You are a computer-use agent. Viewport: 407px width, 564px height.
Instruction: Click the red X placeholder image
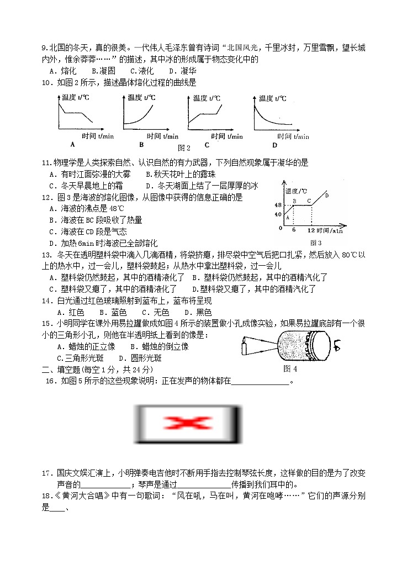(188, 425)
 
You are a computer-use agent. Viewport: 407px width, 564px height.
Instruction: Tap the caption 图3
(316, 243)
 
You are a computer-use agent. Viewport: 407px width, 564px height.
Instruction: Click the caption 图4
(290, 368)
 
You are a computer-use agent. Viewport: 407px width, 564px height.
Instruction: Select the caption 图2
(184, 147)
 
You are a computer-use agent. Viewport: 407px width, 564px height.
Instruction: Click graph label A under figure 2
(72, 144)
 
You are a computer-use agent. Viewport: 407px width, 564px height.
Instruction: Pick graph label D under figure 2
(274, 145)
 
